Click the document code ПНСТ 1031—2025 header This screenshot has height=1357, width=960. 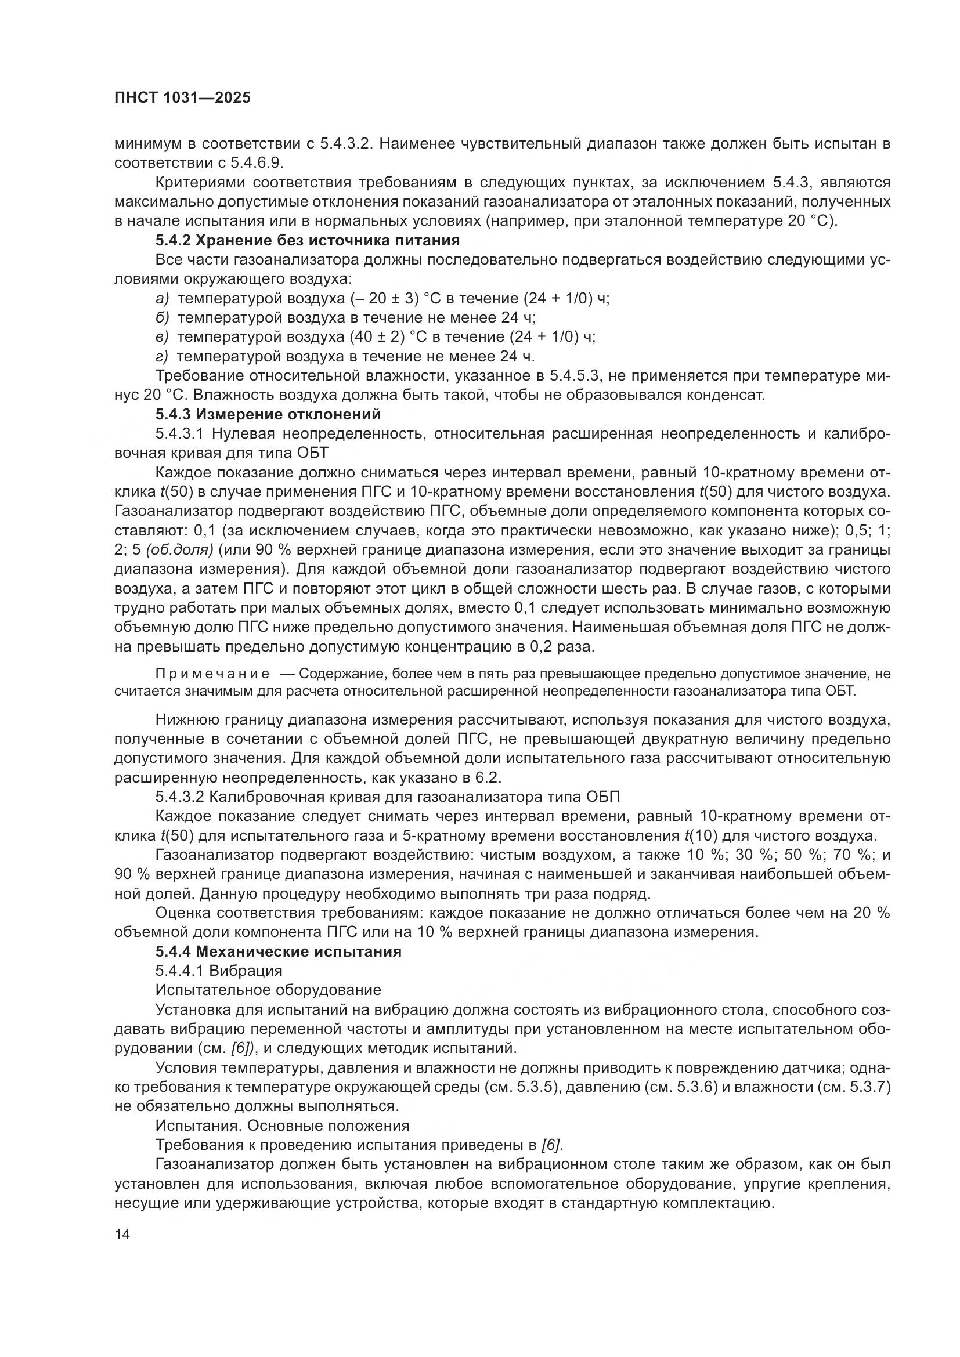pos(182,97)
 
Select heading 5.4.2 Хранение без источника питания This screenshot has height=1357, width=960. pos(308,241)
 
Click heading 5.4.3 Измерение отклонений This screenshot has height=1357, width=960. pos(268,414)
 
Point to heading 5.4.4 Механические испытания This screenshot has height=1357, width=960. pos(279,951)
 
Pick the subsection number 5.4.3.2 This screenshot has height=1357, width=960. pos(180,797)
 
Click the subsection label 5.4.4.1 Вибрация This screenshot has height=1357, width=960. pos(219,971)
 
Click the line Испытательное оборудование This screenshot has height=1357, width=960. pos(268,990)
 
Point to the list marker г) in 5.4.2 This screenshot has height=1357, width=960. pos(162,356)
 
